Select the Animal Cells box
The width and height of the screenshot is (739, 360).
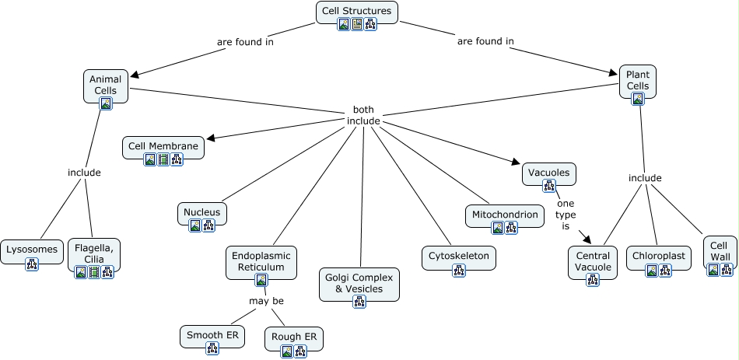(106, 85)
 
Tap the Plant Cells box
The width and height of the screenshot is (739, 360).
(638, 80)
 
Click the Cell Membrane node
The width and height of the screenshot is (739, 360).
(163, 145)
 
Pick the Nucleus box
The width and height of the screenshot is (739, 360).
(201, 212)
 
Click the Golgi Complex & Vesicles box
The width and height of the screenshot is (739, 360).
(359, 283)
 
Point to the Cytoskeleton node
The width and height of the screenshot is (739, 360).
(459, 256)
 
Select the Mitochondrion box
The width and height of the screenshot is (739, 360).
(504, 213)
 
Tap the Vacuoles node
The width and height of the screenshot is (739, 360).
(548, 173)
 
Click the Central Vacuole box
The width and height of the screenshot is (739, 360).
(592, 261)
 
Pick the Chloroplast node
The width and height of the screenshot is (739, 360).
(658, 255)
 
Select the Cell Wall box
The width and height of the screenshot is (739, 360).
(720, 250)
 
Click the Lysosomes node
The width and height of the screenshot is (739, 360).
(31, 250)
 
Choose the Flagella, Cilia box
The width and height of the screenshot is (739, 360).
(94, 253)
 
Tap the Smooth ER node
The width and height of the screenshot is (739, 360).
(212, 335)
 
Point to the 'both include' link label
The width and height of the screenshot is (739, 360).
(363, 115)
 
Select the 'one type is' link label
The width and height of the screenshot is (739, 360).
(566, 215)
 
